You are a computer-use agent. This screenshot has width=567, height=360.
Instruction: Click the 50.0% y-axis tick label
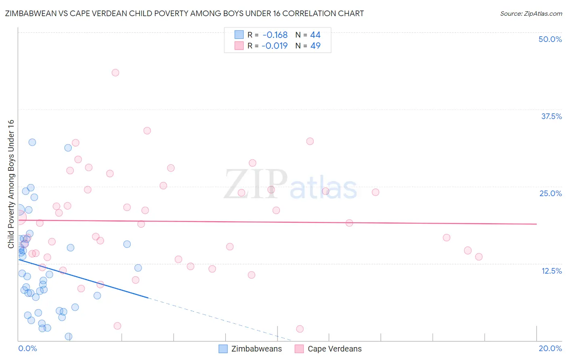(x=550, y=39)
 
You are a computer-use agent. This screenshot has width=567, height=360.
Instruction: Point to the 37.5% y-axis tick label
(x=551, y=116)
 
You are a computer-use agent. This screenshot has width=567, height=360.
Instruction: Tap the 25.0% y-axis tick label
(x=550, y=193)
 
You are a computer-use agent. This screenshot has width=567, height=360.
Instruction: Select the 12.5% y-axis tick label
(x=551, y=271)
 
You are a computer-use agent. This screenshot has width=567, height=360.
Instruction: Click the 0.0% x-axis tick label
(x=27, y=348)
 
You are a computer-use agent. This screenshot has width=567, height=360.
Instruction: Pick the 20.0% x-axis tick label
(x=550, y=348)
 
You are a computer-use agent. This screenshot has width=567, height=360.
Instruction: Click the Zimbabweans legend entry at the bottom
(x=250, y=349)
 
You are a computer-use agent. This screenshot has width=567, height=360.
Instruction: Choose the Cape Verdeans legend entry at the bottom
(x=328, y=349)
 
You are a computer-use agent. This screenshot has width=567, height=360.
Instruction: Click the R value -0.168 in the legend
(x=275, y=35)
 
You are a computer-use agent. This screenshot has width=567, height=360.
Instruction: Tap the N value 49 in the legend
(x=315, y=46)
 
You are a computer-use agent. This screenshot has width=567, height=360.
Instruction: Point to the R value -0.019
(x=275, y=46)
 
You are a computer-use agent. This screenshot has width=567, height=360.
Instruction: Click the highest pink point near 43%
(x=115, y=73)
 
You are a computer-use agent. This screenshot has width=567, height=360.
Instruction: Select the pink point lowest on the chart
(x=300, y=329)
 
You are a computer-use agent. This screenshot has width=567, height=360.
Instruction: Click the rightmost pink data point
(x=479, y=257)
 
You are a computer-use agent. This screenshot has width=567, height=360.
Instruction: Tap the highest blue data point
(x=32, y=142)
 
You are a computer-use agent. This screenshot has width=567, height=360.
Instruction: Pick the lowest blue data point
(x=69, y=337)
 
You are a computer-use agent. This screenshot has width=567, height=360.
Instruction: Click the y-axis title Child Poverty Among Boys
(x=11, y=184)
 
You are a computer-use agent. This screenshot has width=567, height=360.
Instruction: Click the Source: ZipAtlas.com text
(x=531, y=14)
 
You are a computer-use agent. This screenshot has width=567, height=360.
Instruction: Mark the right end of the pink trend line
(x=536, y=224)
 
